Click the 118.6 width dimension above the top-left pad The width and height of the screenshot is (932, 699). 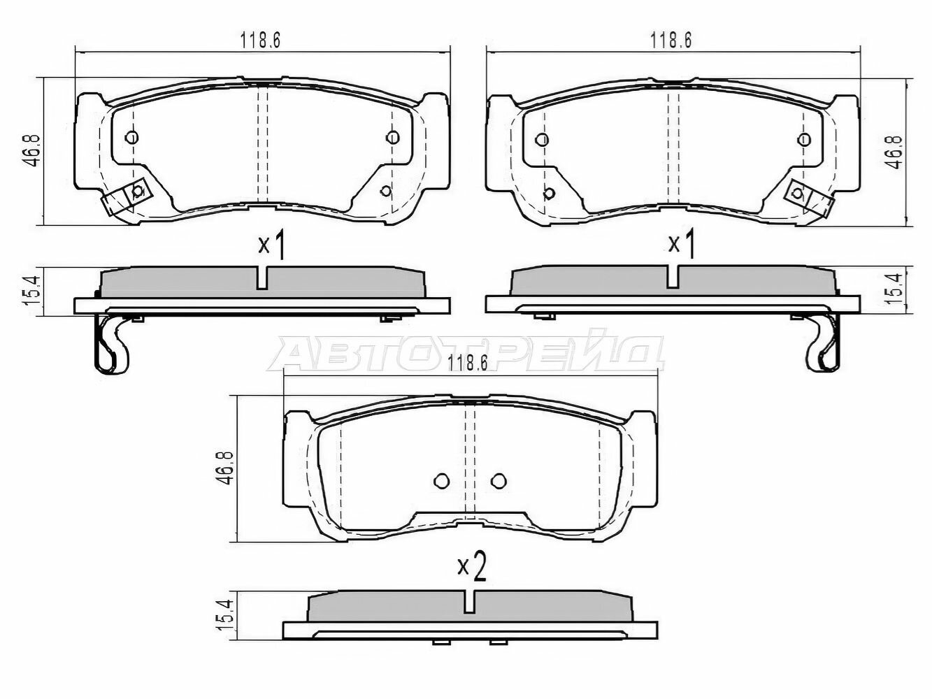(x=260, y=41)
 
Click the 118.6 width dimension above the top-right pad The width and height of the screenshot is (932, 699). (x=671, y=41)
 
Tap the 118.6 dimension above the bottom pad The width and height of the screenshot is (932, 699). (x=467, y=363)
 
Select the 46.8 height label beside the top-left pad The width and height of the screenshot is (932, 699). (x=31, y=150)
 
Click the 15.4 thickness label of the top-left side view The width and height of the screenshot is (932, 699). (x=32, y=291)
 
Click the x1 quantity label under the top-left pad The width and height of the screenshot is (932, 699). (x=271, y=245)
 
